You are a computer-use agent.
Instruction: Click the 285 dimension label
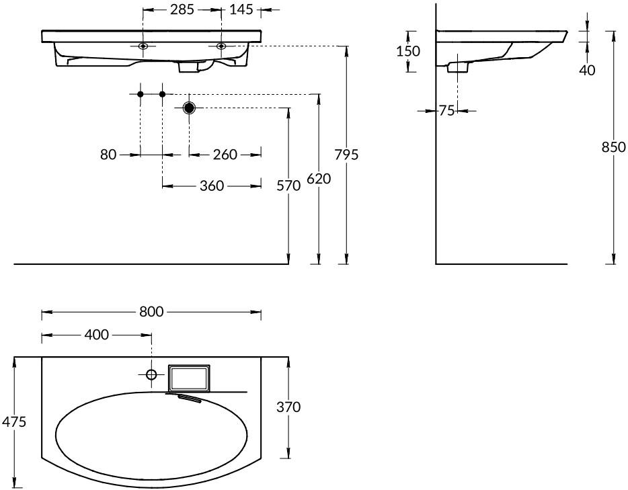[x=182, y=9]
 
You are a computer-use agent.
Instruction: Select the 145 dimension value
[x=241, y=9]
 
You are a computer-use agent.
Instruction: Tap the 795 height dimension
[x=346, y=155]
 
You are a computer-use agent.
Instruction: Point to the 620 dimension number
[x=319, y=179]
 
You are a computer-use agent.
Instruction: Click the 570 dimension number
[x=288, y=186]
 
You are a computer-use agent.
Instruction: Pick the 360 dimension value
[x=212, y=186]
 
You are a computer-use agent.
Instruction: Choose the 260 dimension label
[x=225, y=155]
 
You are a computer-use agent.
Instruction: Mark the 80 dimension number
[x=108, y=155]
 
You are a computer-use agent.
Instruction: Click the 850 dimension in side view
[x=614, y=147]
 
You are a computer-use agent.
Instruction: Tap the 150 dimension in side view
[x=408, y=51]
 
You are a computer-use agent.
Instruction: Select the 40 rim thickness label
[x=587, y=71]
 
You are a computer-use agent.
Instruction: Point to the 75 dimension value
[x=446, y=110]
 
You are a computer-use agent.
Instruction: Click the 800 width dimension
[x=151, y=311]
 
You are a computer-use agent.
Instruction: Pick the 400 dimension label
[x=97, y=335]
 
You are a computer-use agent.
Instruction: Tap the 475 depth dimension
[x=14, y=421]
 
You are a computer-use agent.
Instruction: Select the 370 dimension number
[x=288, y=407]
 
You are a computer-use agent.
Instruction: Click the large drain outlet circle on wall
[x=189, y=108]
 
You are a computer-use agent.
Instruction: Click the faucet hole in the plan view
[x=151, y=374]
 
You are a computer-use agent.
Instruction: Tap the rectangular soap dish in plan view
[x=189, y=378]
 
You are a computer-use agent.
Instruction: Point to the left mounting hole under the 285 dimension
[x=143, y=46]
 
